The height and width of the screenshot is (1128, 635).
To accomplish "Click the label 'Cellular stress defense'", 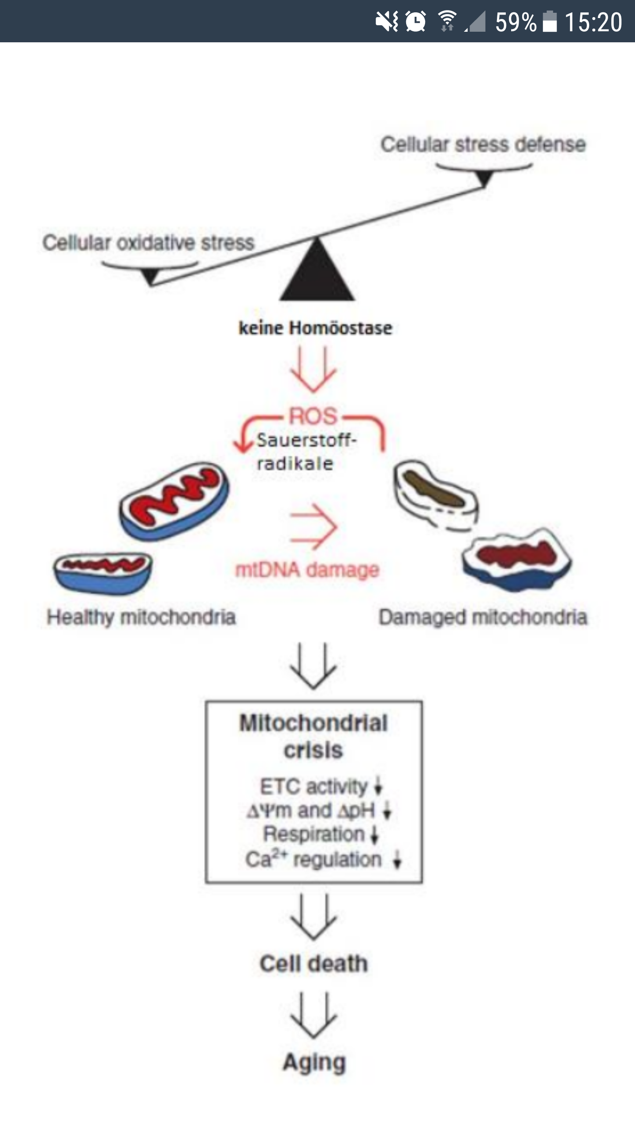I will (x=483, y=145).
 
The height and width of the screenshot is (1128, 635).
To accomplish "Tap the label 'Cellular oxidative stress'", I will (x=149, y=242).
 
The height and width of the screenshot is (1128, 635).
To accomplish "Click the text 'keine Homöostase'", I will (x=315, y=328).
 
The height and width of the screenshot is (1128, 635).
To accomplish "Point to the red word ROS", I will (x=313, y=416).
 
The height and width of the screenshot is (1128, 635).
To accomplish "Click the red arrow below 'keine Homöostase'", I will (x=313, y=369).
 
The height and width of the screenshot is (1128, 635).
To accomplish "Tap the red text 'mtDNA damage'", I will (x=307, y=570).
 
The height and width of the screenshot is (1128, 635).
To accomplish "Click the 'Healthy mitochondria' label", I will (x=141, y=617).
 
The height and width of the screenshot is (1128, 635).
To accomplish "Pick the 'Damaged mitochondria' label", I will (x=483, y=617).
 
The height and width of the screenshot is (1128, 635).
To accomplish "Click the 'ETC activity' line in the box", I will (x=314, y=787).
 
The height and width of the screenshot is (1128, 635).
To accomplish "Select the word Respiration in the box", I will (x=314, y=834).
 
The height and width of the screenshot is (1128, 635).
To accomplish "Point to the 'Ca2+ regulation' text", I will (x=314, y=859).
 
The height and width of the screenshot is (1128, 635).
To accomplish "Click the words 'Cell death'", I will (x=314, y=964).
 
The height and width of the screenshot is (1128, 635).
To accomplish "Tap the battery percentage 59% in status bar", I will (x=515, y=22).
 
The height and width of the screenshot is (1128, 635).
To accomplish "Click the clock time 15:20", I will (x=593, y=22).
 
